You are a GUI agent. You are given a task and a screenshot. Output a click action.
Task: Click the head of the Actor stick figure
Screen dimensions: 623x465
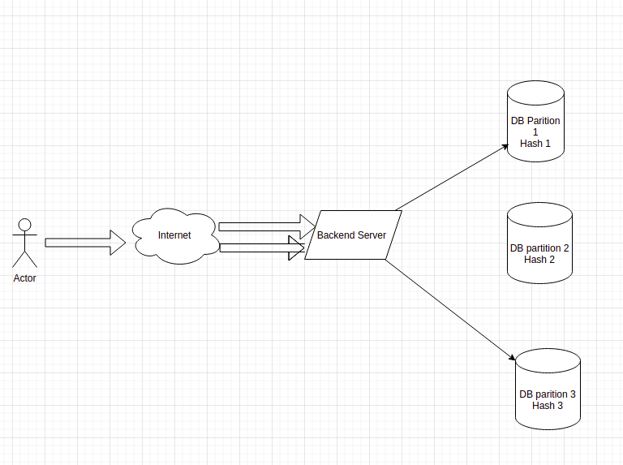(x=24, y=225)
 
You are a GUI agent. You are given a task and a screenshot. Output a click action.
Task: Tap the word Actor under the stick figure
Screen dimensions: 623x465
(x=24, y=278)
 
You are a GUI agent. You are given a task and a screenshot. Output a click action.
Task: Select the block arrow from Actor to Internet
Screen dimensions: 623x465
(x=85, y=243)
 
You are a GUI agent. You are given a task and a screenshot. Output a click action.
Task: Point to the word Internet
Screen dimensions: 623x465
(x=174, y=235)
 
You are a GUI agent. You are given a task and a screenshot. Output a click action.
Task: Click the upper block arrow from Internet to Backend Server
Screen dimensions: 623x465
(x=267, y=227)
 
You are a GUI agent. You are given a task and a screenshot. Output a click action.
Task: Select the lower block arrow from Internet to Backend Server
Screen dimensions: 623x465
(x=262, y=248)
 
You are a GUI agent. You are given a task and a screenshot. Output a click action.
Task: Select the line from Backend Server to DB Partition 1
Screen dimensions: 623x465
(x=452, y=178)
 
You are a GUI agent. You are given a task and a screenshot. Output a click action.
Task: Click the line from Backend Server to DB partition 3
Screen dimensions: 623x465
(x=450, y=310)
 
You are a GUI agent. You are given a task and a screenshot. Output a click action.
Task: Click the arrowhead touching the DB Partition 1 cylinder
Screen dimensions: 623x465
(x=505, y=147)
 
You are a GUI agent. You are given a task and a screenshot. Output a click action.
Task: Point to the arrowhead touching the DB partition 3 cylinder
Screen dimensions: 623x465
(x=513, y=358)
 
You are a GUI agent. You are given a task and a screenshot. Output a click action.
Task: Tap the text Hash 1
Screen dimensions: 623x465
(x=535, y=144)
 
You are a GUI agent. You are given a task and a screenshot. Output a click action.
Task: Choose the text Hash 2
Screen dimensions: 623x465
(x=539, y=260)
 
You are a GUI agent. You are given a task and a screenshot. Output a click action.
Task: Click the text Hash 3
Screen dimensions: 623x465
(x=548, y=406)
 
